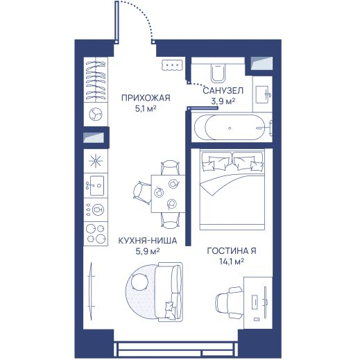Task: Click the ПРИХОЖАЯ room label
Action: pos(146,98)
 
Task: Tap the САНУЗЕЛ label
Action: pos(223,91)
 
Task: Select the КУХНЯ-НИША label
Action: pos(148,241)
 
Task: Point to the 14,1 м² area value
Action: pos(232,262)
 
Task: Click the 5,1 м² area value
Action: pos(146,108)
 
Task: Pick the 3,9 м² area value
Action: pos(223,101)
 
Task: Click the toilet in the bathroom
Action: pos(218,72)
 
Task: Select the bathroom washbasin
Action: pos(263,94)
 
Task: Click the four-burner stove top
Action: pos(96,234)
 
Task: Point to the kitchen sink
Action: pos(96,185)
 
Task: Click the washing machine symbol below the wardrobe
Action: pos(96,114)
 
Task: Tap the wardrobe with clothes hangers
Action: pos(96,80)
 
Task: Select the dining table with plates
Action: pos(168,194)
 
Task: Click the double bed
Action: pos(232,190)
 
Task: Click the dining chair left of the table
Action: pos(142,194)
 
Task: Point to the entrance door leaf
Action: pos(117,22)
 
